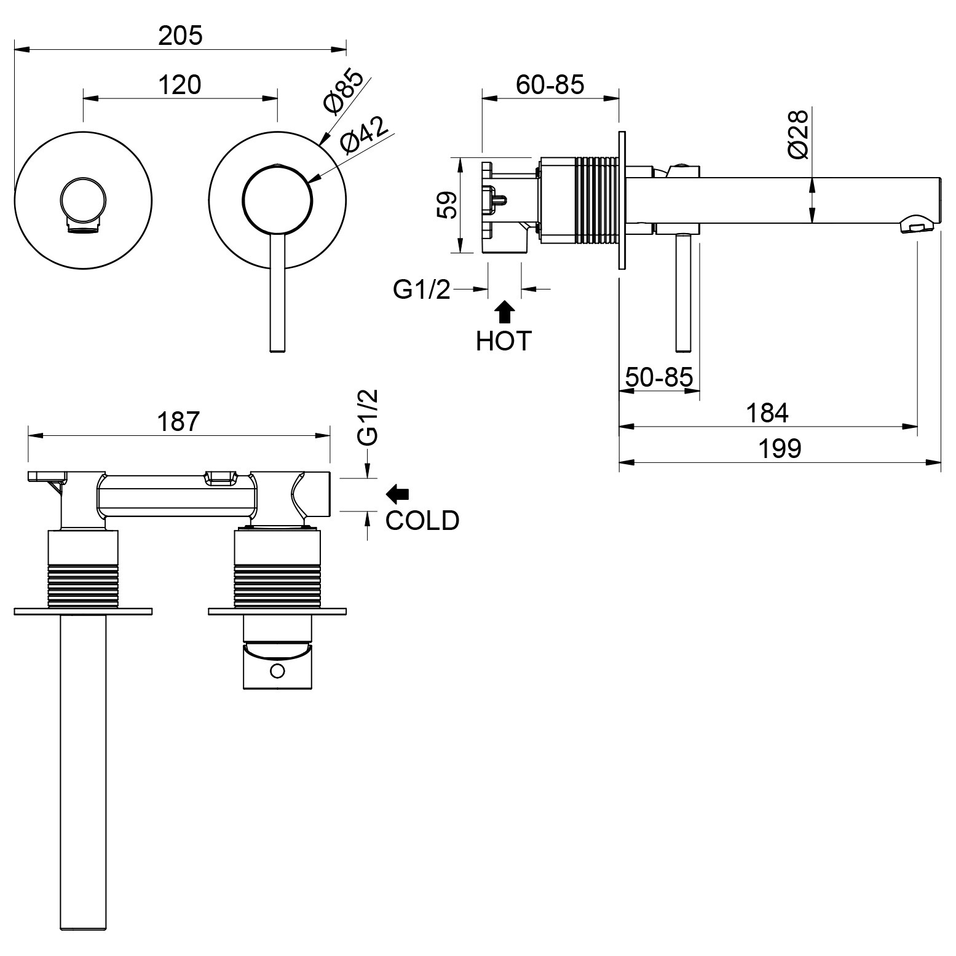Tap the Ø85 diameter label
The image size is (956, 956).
[342, 92]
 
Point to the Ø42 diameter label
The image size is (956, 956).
[365, 135]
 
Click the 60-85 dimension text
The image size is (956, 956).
[550, 84]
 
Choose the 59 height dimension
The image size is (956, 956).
[447, 205]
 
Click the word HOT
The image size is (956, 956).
[504, 341]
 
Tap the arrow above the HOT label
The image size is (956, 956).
[504, 312]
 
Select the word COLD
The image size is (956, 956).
[422, 521]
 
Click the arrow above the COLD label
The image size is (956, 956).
[398, 492]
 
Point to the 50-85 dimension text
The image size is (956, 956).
[659, 376]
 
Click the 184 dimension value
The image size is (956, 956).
[767, 413]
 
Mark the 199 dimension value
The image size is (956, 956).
[780, 448]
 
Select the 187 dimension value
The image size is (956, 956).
[179, 422]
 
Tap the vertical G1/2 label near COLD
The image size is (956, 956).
[368, 417]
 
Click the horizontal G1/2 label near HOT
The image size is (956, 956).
[422, 289]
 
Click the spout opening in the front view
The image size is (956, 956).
[82, 229]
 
